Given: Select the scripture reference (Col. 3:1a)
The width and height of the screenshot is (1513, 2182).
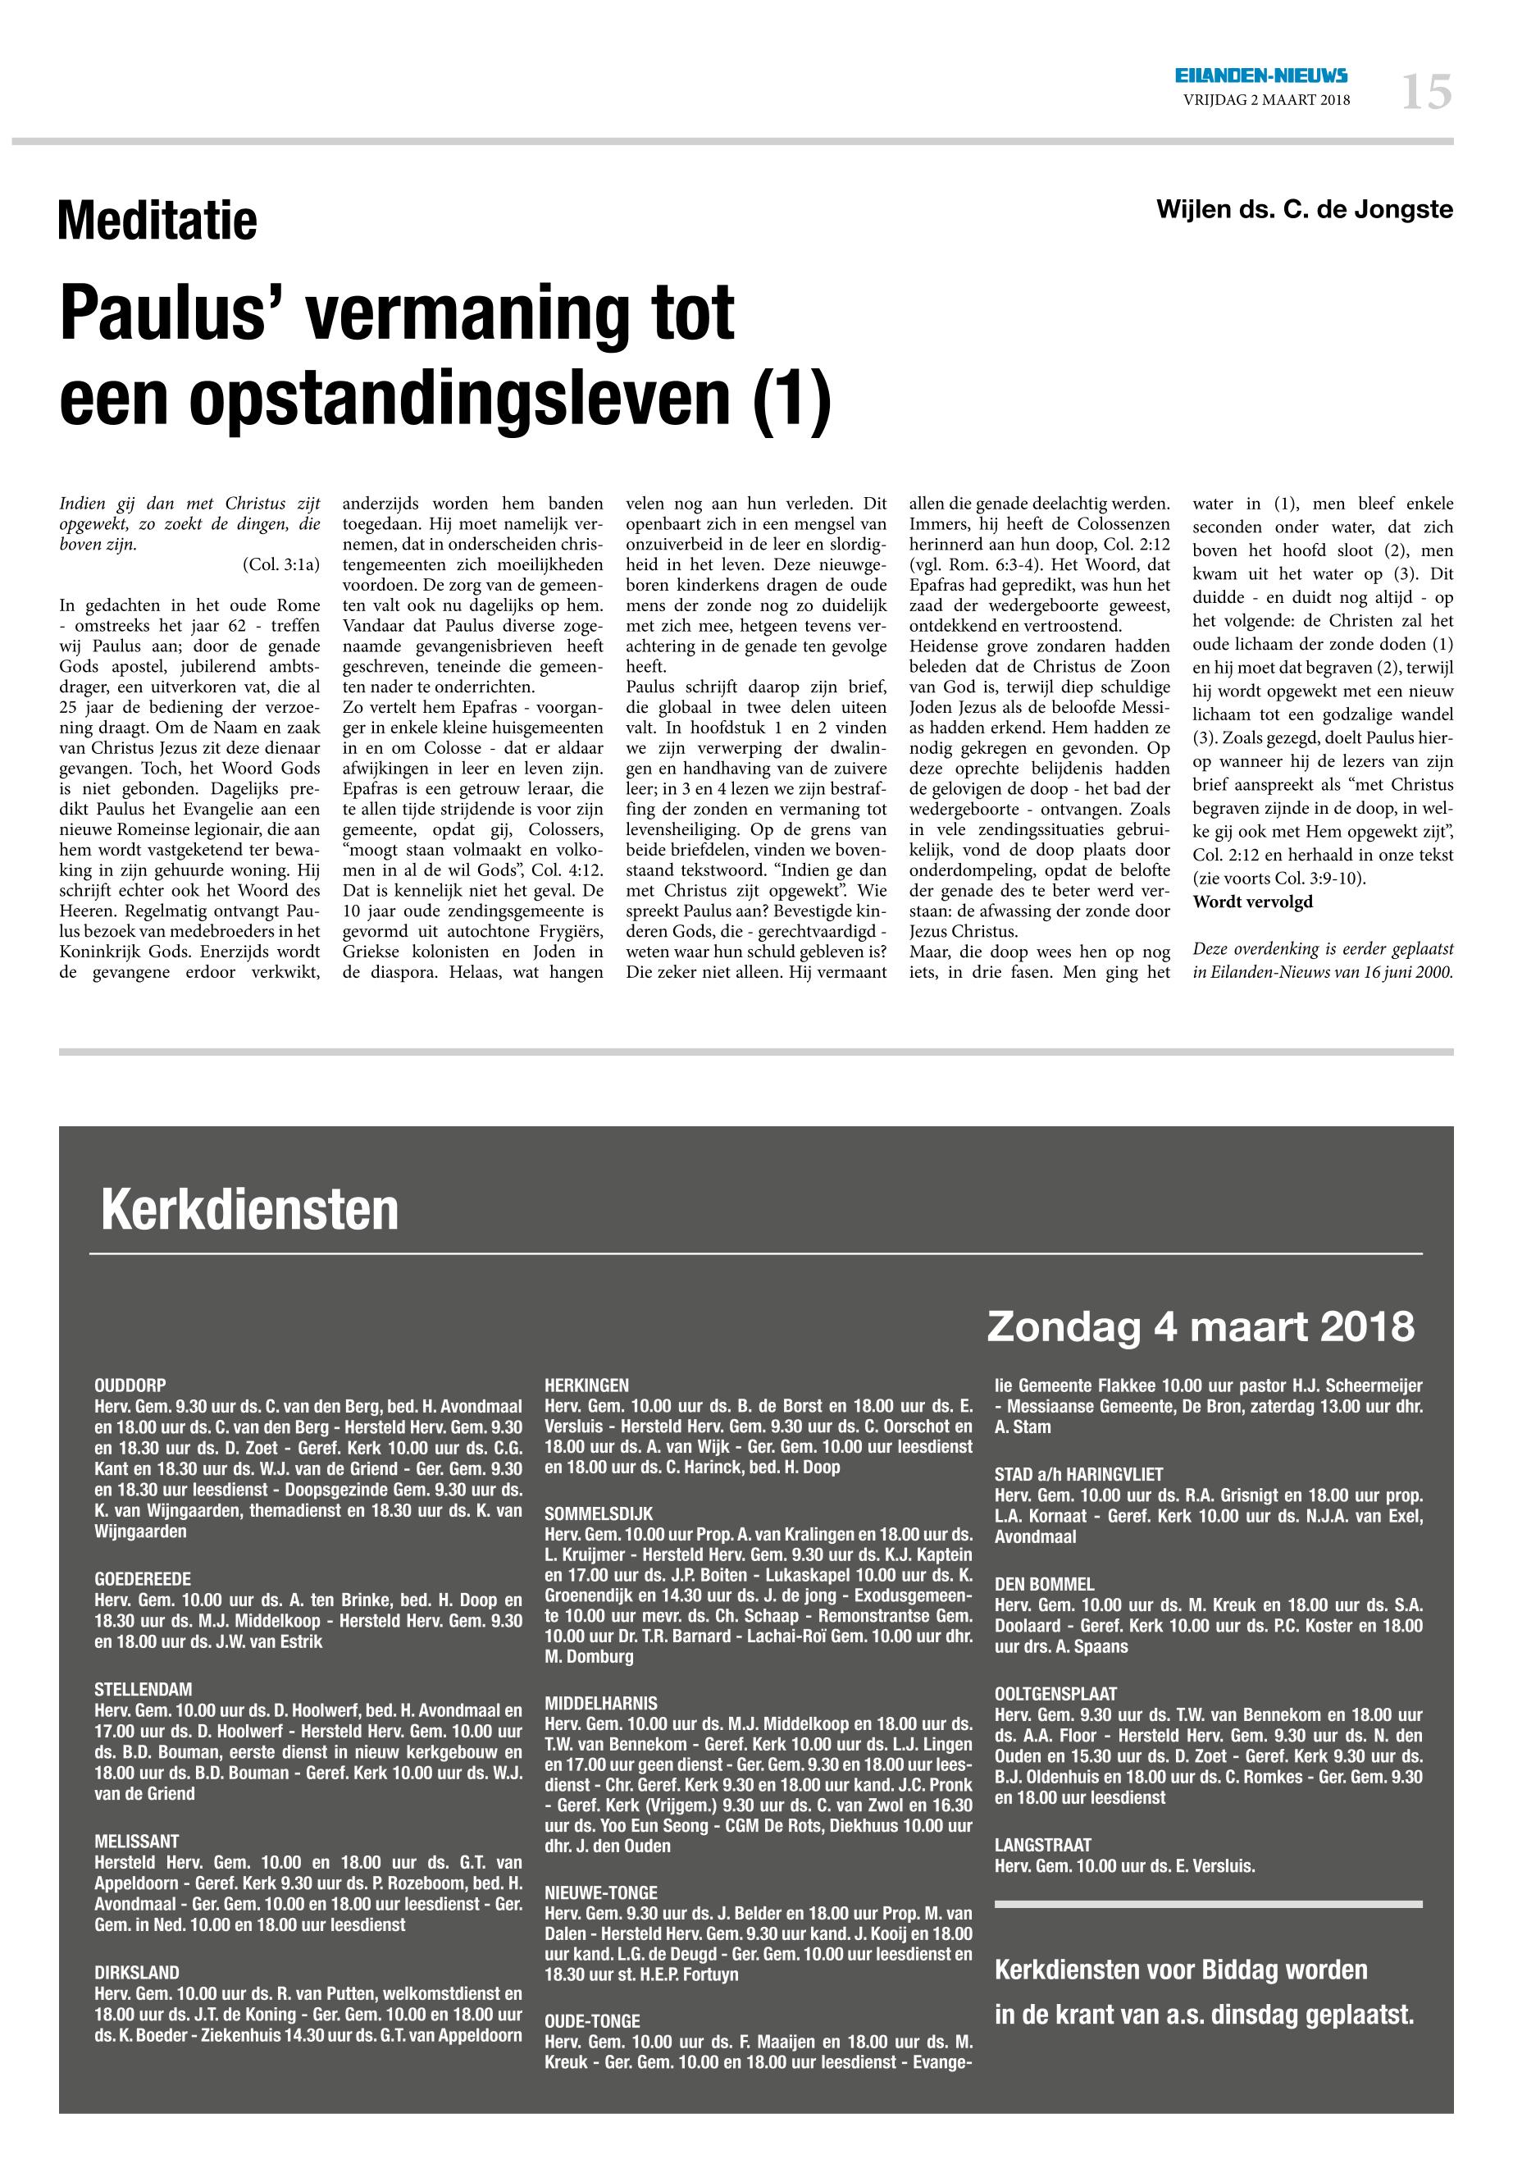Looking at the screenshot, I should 281,564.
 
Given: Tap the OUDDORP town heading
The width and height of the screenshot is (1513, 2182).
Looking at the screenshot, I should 131,1385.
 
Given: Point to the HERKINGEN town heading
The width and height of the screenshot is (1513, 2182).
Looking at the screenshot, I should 587,1385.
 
